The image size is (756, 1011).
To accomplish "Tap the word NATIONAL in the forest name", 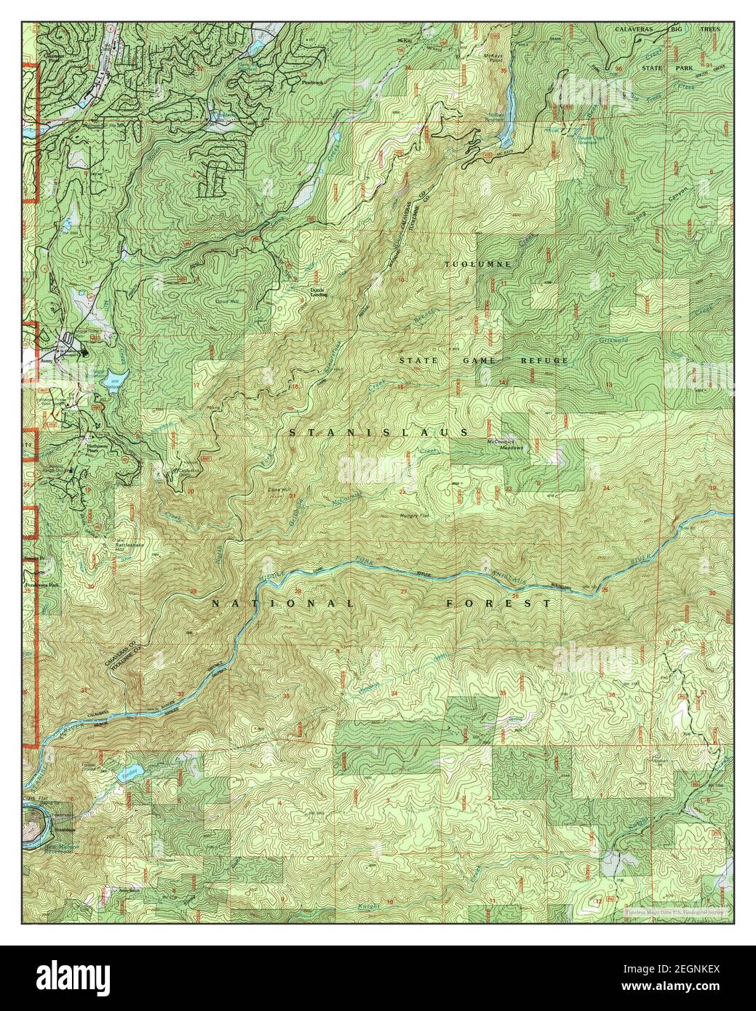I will point(282,604).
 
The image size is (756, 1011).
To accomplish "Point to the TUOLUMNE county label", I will point(478,263).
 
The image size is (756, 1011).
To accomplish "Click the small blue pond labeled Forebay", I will point(129,771).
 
